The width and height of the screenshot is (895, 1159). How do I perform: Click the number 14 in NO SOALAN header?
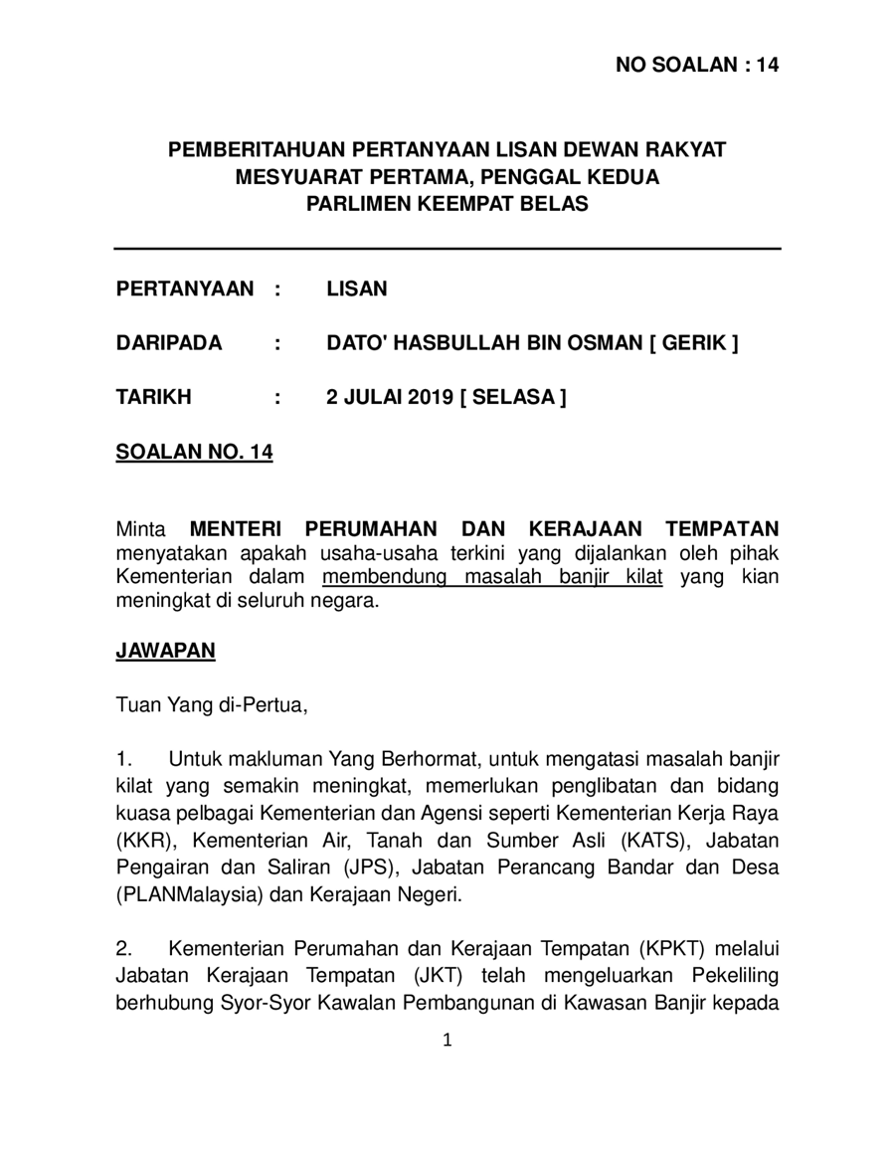tap(766, 66)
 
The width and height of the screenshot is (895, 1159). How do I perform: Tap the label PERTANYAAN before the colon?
tap(185, 290)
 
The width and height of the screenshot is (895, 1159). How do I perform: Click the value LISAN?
tap(357, 290)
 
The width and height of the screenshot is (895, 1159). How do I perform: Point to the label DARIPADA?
tap(169, 343)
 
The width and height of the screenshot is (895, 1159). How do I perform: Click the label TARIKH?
tap(154, 397)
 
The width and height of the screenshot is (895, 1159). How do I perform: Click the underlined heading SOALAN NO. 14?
tap(194, 452)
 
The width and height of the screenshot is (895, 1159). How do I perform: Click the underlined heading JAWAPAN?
tap(165, 651)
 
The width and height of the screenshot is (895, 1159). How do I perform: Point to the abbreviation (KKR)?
tap(143, 842)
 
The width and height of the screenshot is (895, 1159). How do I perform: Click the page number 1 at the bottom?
tap(447, 1041)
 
